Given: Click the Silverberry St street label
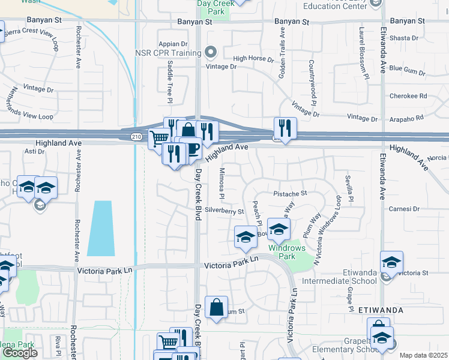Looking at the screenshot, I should tap(224, 211).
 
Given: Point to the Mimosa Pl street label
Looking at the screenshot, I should tap(221, 184).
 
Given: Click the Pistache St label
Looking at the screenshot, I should tap(290, 194).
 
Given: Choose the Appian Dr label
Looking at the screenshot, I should tap(173, 44).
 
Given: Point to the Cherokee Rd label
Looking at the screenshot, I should tap(408, 96).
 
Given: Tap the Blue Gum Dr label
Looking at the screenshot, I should tap(408, 68).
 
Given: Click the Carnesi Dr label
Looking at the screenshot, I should tap(403, 209).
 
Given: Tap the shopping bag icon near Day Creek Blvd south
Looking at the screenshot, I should tap(216, 308).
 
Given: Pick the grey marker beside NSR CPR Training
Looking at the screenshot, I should tap(209, 53).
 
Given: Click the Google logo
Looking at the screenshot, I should tap(20, 353).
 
